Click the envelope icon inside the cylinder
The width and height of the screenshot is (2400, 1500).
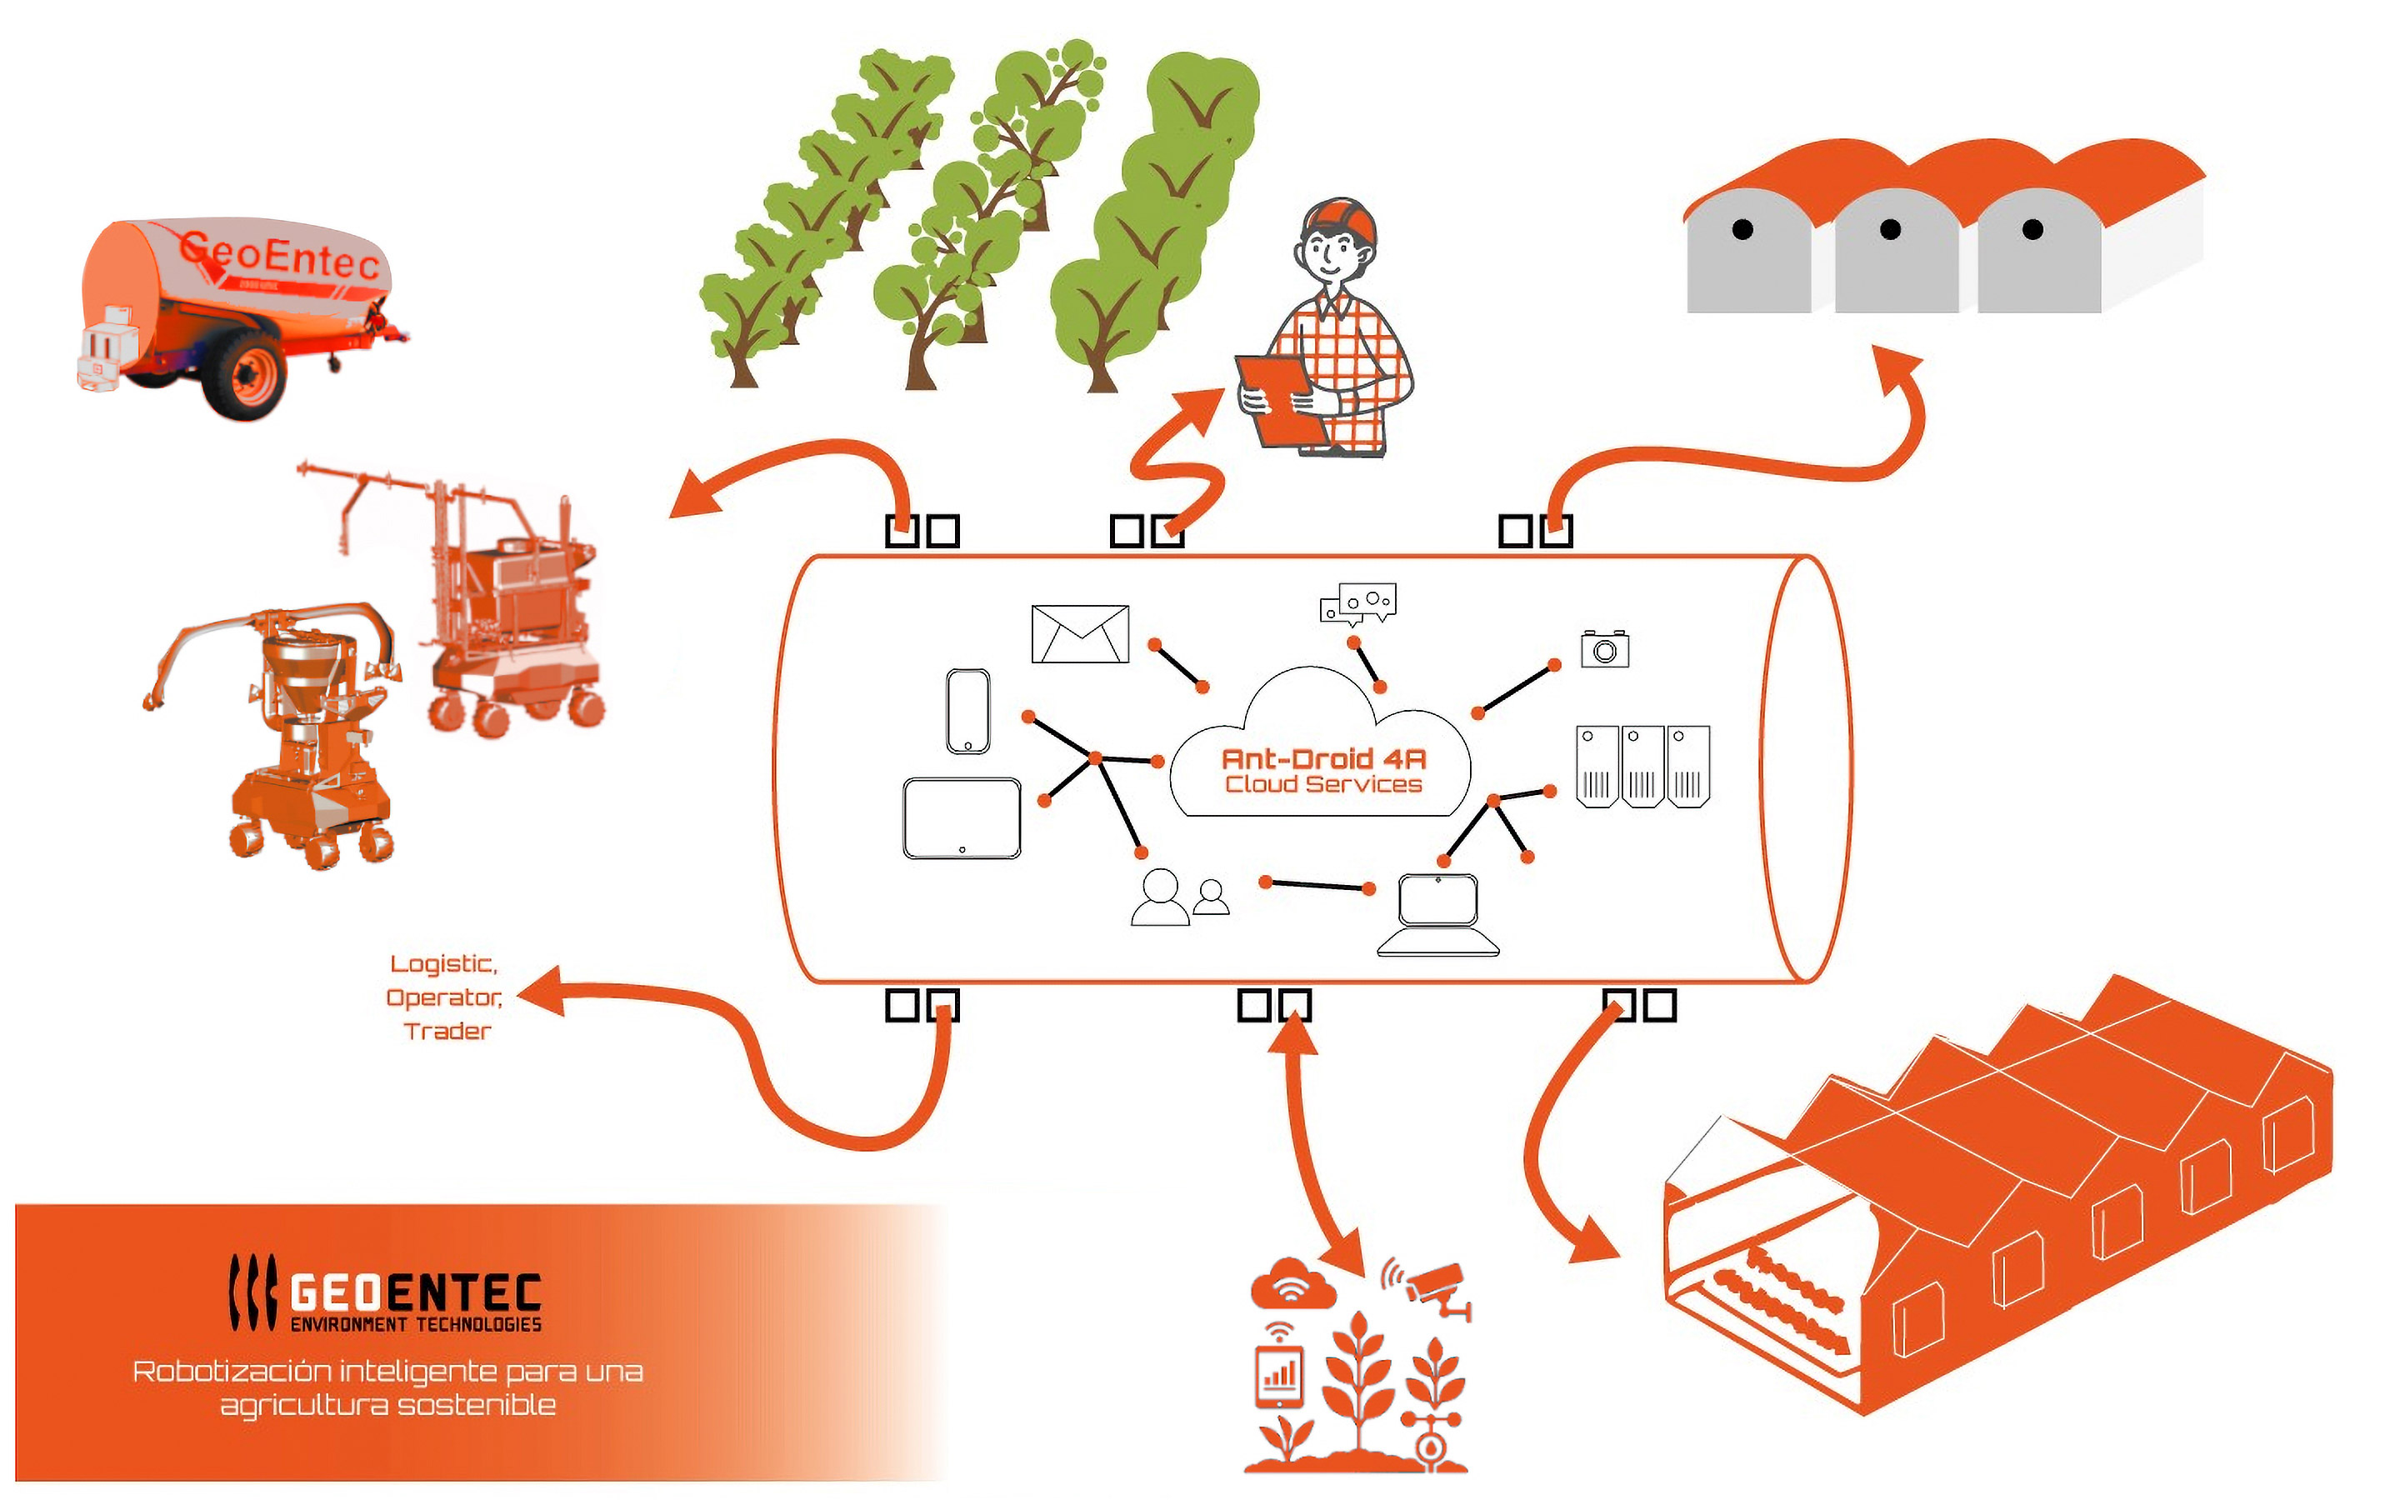click(1080, 634)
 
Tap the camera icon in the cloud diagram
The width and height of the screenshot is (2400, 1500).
click(1605, 649)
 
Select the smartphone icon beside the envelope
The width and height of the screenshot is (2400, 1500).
click(968, 712)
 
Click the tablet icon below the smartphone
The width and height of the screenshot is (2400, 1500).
click(962, 817)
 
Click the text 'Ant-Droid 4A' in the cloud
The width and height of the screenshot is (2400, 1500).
click(1323, 759)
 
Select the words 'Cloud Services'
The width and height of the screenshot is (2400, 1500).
click(1323, 785)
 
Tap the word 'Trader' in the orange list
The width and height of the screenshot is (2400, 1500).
click(447, 1032)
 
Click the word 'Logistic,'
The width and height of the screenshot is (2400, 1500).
click(443, 964)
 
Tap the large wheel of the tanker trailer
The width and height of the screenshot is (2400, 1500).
click(244, 376)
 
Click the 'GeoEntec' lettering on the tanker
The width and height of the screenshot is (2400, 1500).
click(280, 253)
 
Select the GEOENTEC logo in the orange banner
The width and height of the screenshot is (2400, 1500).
click(387, 1292)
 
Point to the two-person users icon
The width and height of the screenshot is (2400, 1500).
click(1179, 897)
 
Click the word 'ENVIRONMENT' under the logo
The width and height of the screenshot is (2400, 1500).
click(348, 1324)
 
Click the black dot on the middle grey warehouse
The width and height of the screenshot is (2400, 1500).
click(1890, 230)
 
